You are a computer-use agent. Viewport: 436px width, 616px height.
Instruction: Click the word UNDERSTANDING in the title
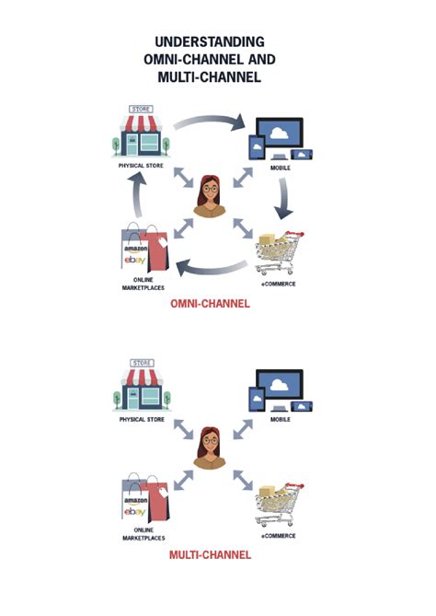[x=209, y=42]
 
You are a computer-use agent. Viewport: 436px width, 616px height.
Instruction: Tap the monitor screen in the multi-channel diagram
[x=281, y=385]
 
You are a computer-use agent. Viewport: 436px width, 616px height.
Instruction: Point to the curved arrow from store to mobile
[x=210, y=121]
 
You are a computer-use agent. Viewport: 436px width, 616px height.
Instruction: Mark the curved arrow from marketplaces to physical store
[x=135, y=195]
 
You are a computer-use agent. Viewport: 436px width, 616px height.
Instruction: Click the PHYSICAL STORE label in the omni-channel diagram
[x=141, y=167]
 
